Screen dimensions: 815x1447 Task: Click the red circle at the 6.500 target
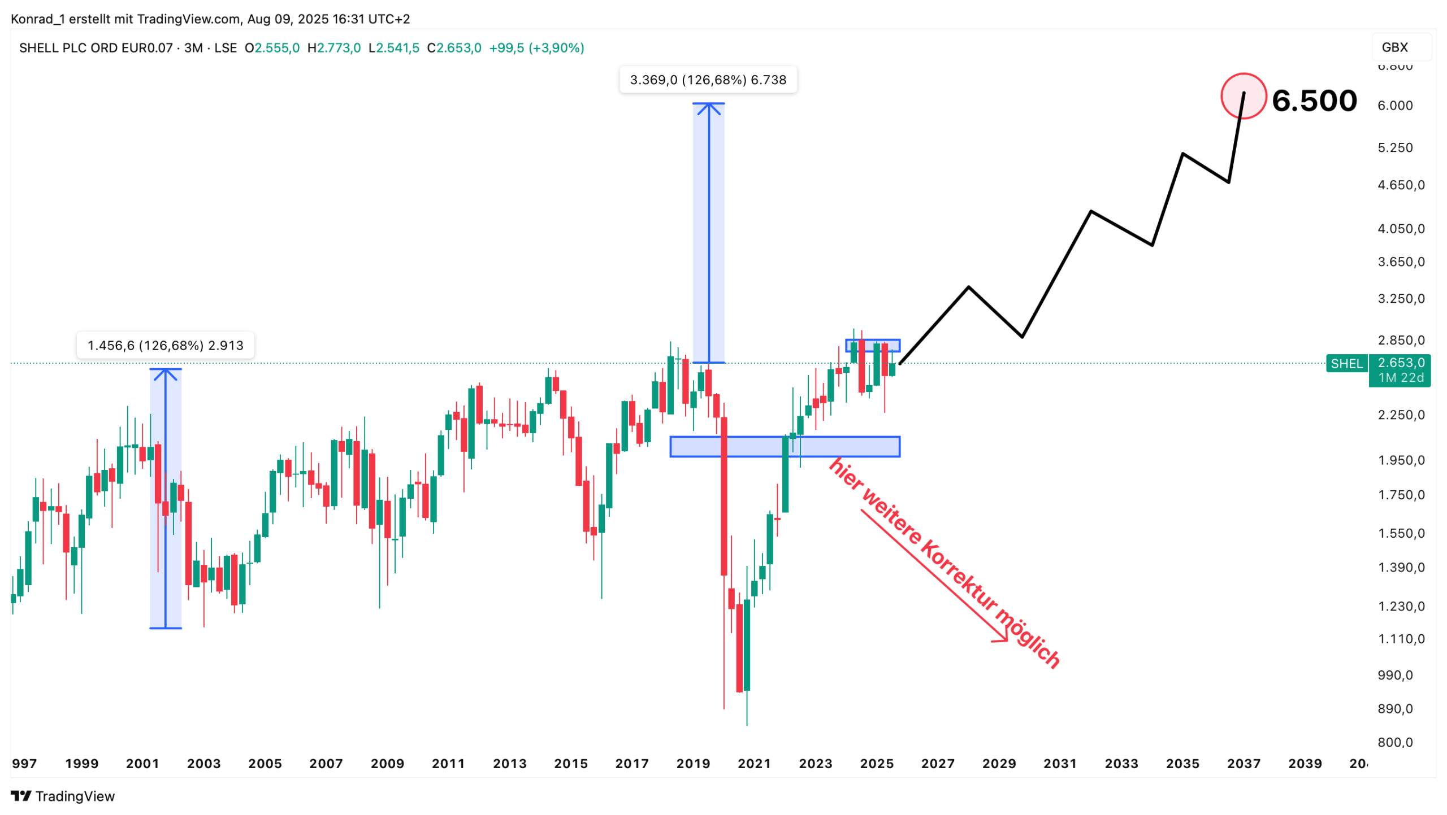(1243, 96)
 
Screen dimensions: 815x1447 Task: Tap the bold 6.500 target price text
(1314, 101)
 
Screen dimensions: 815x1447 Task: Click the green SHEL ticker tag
(1346, 364)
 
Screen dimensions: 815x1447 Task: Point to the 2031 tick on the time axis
(1060, 764)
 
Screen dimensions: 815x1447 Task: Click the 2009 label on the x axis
(387, 764)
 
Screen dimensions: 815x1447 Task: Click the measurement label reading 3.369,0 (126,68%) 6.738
(708, 80)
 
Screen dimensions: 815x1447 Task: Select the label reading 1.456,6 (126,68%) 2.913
(165, 346)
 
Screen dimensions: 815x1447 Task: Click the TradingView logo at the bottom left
(63, 796)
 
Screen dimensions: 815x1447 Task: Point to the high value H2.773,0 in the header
(333, 48)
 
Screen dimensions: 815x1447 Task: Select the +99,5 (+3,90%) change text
(536, 48)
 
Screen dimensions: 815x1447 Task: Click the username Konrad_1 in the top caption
(37, 19)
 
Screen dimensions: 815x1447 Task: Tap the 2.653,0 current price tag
(1400, 363)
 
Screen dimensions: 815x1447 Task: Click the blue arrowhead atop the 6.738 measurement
(708, 107)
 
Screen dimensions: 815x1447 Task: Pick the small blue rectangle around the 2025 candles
(872, 345)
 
